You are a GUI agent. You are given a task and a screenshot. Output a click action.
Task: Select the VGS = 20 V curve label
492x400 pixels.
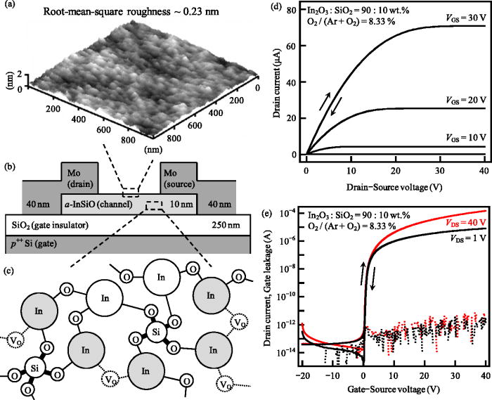463,101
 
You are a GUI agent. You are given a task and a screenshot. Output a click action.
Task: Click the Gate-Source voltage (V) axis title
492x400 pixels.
394,388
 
